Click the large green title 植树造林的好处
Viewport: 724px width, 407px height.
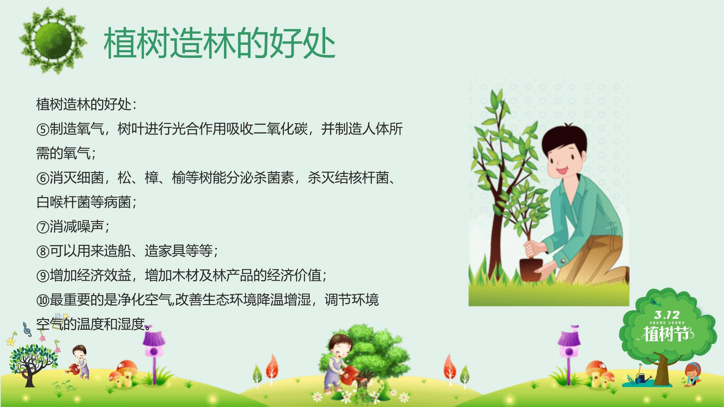point(219,43)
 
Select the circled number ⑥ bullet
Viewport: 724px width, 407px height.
point(43,179)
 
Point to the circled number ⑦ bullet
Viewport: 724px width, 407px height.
point(43,227)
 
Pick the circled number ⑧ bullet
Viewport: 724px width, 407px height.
point(43,251)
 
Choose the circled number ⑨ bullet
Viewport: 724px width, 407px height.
point(43,276)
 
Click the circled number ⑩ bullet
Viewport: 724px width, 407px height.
point(43,300)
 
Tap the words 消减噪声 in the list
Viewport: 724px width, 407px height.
point(76,227)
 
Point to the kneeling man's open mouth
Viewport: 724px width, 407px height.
point(561,170)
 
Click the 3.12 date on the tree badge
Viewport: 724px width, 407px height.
point(667,315)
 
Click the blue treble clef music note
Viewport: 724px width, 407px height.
point(27,329)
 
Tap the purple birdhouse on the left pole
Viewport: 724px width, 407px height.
point(154,345)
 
